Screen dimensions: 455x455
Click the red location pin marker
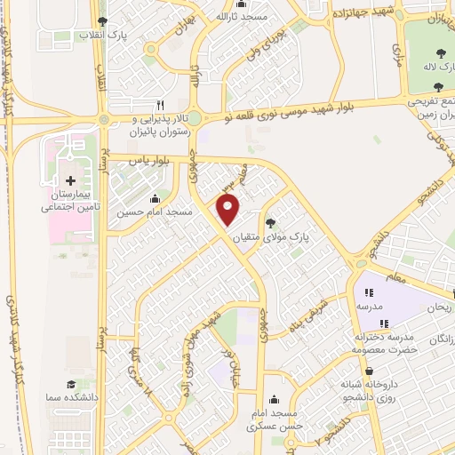pos(229,211)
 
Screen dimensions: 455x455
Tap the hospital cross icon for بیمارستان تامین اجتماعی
pos(71,180)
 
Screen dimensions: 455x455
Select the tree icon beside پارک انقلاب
pos(104,21)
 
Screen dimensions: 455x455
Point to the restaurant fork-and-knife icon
pos(161,104)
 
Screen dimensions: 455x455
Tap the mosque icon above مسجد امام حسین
pos(156,198)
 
